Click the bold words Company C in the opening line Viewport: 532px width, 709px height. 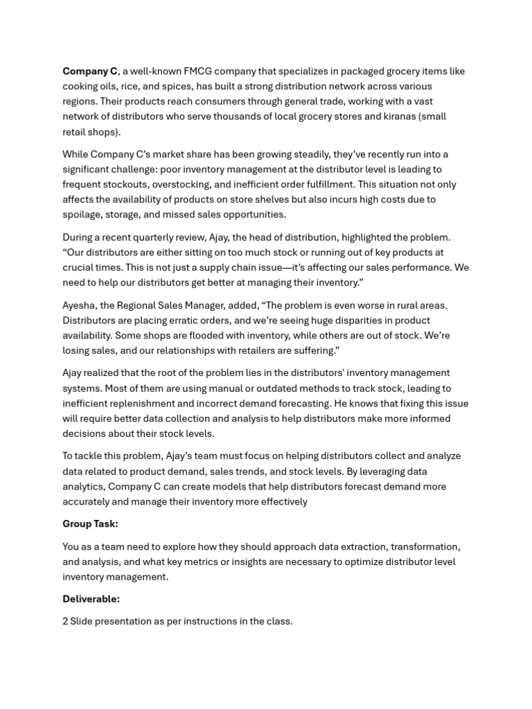tap(90, 71)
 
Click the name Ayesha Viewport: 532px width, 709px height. tap(80, 305)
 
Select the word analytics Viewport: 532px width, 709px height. tap(83, 487)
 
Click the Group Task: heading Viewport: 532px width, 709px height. tap(90, 524)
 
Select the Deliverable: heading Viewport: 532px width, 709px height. tap(91, 599)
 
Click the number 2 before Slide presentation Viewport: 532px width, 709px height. tap(65, 622)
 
